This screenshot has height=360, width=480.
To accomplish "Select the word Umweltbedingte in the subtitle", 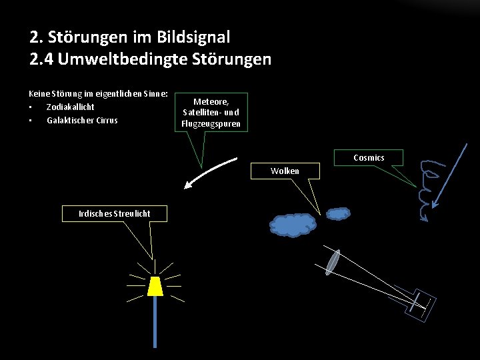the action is [122, 59].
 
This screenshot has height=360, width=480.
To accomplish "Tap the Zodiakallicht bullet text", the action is [70, 107].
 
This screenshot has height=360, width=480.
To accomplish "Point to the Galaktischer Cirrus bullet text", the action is [82, 120].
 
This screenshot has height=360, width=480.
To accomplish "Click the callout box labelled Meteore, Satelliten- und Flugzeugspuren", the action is [211, 112].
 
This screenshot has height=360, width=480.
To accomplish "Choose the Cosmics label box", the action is [369, 157].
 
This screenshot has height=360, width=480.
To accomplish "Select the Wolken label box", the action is [285, 171].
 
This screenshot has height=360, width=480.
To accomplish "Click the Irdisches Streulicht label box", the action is [114, 213].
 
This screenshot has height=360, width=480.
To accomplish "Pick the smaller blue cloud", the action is [339, 214].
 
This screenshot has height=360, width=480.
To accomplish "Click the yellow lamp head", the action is [155, 286].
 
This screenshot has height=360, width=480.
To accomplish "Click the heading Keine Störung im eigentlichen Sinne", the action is [98, 94].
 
